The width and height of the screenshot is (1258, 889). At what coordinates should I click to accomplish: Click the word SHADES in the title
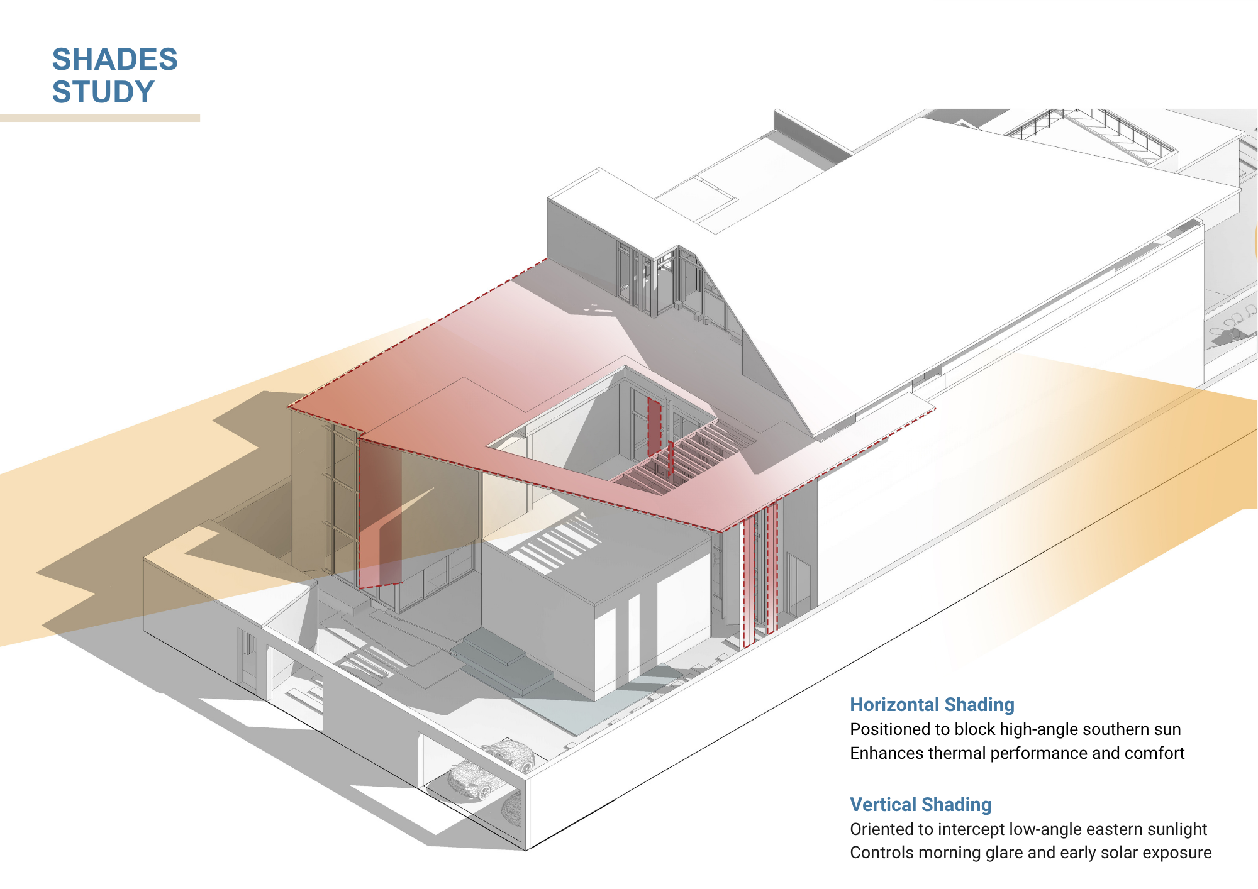pyautogui.click(x=114, y=60)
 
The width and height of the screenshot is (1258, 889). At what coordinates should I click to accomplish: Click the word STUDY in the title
pyautogui.click(x=103, y=92)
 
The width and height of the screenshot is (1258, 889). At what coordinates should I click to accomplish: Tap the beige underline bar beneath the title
pyautogui.click(x=99, y=118)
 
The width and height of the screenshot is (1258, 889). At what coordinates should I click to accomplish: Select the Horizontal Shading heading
pyautogui.click(x=932, y=705)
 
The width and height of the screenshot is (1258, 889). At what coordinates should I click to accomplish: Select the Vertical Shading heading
pyautogui.click(x=920, y=805)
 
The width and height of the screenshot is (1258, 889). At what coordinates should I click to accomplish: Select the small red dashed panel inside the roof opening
pyautogui.click(x=654, y=428)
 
